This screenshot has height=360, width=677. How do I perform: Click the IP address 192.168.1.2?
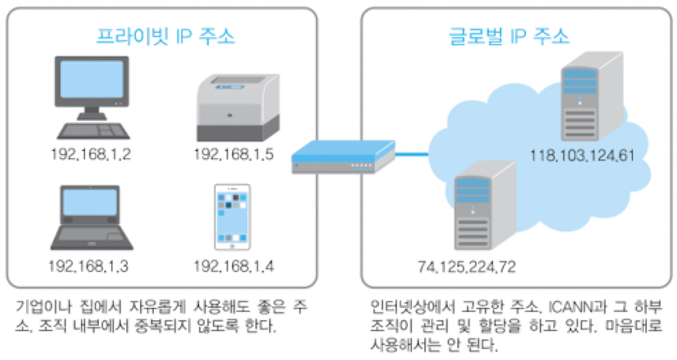[x=90, y=154]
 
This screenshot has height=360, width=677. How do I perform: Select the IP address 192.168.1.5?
[x=234, y=154]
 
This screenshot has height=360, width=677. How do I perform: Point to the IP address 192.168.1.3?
[x=90, y=265]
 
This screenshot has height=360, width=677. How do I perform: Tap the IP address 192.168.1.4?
[x=234, y=265]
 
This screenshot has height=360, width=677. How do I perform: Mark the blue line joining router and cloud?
[x=412, y=155]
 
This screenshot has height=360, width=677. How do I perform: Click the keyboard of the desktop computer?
[x=90, y=130]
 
